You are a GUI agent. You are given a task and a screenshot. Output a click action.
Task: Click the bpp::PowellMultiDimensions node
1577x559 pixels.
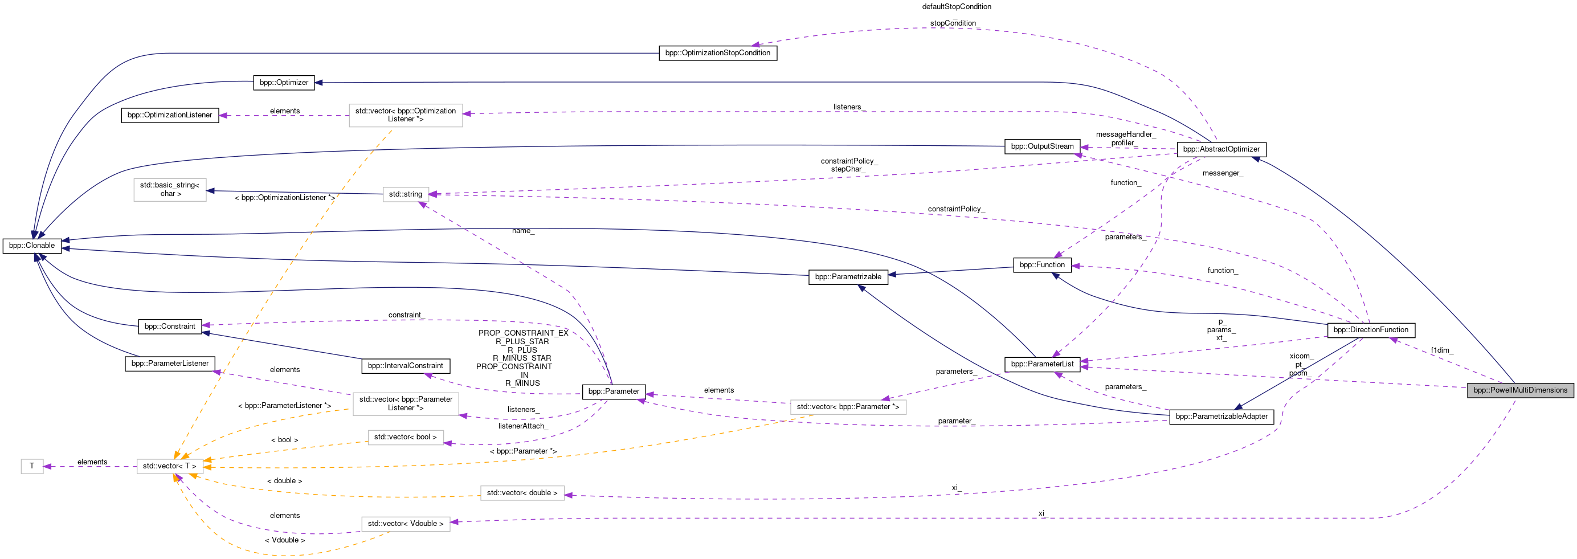(1519, 390)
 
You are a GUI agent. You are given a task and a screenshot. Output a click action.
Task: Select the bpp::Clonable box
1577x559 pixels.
(32, 246)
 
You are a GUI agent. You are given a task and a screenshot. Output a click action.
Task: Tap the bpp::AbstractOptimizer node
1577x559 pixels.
(1221, 149)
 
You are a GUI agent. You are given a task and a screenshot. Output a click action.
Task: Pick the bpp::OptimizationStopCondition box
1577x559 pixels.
(717, 53)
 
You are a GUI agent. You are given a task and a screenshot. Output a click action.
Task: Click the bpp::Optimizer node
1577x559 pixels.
(284, 83)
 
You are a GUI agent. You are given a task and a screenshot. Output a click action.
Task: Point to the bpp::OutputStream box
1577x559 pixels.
(1042, 146)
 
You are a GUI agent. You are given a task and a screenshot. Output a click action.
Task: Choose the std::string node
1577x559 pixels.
(405, 194)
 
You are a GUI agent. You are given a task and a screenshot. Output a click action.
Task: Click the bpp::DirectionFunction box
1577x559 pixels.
(1370, 330)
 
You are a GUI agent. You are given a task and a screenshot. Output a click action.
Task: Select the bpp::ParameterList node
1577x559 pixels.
(1042, 364)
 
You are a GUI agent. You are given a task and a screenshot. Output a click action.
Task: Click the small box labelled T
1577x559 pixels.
(32, 467)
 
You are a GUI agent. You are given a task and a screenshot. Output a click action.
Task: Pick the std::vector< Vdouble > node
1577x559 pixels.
(405, 524)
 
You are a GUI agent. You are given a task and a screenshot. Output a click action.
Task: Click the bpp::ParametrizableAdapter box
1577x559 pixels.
(1221, 417)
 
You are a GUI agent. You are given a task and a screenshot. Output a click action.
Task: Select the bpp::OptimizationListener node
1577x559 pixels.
(170, 115)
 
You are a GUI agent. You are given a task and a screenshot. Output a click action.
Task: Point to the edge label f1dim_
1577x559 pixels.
(1441, 350)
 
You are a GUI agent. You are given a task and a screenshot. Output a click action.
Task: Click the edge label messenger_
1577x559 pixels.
(1222, 173)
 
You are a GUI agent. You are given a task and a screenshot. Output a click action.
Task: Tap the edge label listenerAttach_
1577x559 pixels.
(522, 426)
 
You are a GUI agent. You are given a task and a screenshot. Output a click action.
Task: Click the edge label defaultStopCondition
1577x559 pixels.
(956, 7)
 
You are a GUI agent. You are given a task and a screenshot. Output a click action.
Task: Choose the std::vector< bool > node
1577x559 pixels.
(405, 437)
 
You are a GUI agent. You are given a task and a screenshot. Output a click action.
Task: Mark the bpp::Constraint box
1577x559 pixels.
(170, 327)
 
